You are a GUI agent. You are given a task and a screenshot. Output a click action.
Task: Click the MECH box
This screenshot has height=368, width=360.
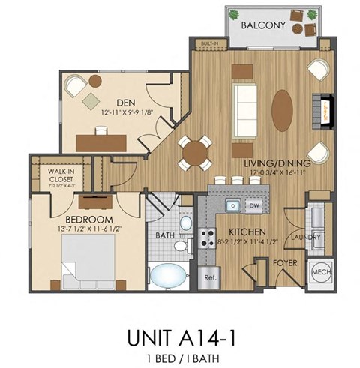[321, 271]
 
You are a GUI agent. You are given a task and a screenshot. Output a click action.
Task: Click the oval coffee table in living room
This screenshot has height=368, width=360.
[283, 105]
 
